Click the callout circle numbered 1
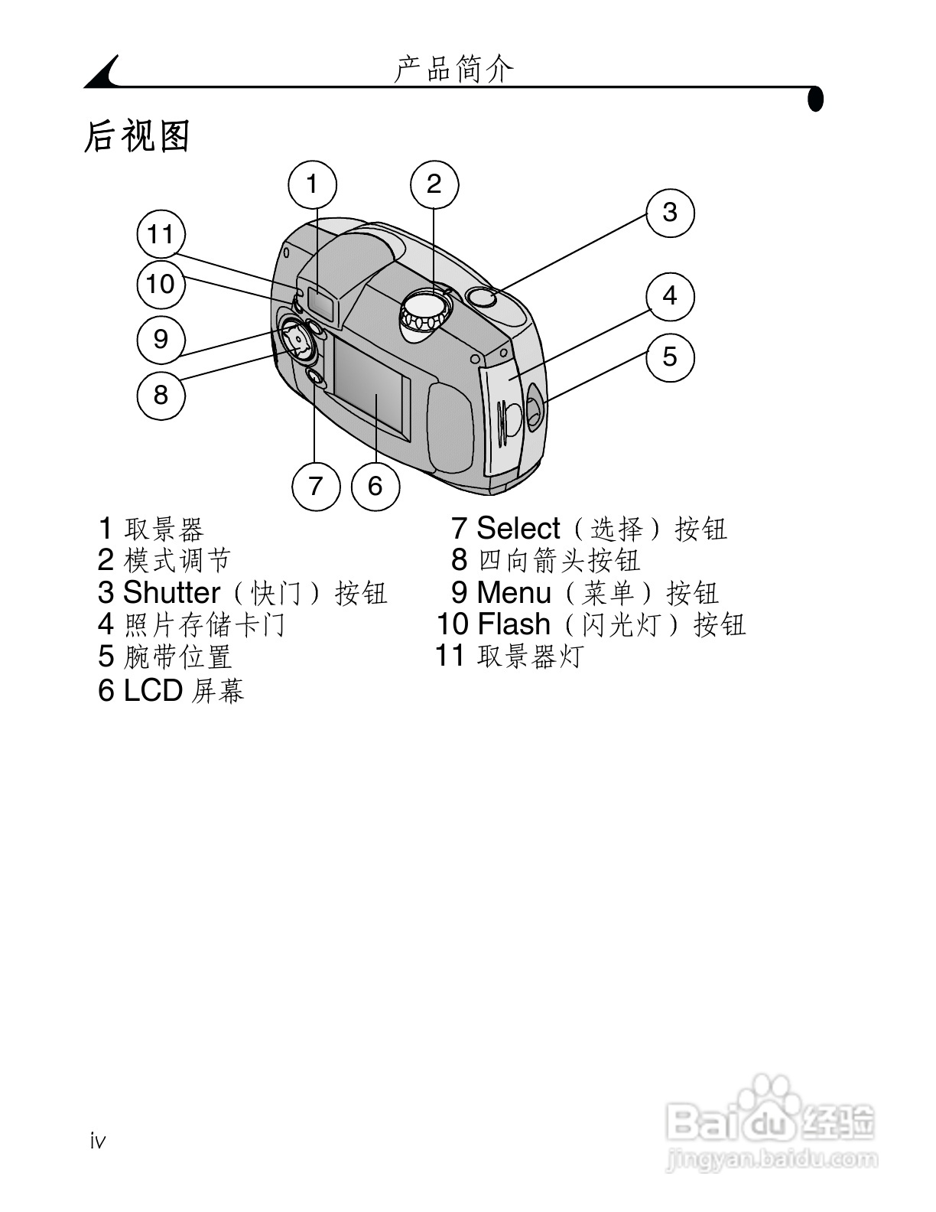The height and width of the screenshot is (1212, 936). (312, 184)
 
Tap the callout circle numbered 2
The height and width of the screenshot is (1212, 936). (434, 184)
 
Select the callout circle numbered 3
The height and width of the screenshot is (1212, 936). (670, 213)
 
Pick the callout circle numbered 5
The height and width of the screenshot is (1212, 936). (670, 357)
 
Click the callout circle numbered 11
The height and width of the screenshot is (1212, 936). (161, 234)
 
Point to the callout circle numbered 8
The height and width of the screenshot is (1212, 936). (161, 395)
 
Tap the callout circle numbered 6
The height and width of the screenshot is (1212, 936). (375, 486)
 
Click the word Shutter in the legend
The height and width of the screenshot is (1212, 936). (172, 593)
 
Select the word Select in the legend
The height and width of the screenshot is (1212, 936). (518, 529)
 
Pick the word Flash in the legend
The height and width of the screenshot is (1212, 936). (514, 624)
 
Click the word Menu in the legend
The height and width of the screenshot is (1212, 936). (514, 593)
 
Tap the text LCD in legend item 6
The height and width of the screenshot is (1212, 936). (153, 690)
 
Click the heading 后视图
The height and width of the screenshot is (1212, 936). (137, 136)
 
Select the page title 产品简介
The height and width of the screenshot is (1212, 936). (454, 70)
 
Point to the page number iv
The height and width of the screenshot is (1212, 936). (98, 1142)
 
